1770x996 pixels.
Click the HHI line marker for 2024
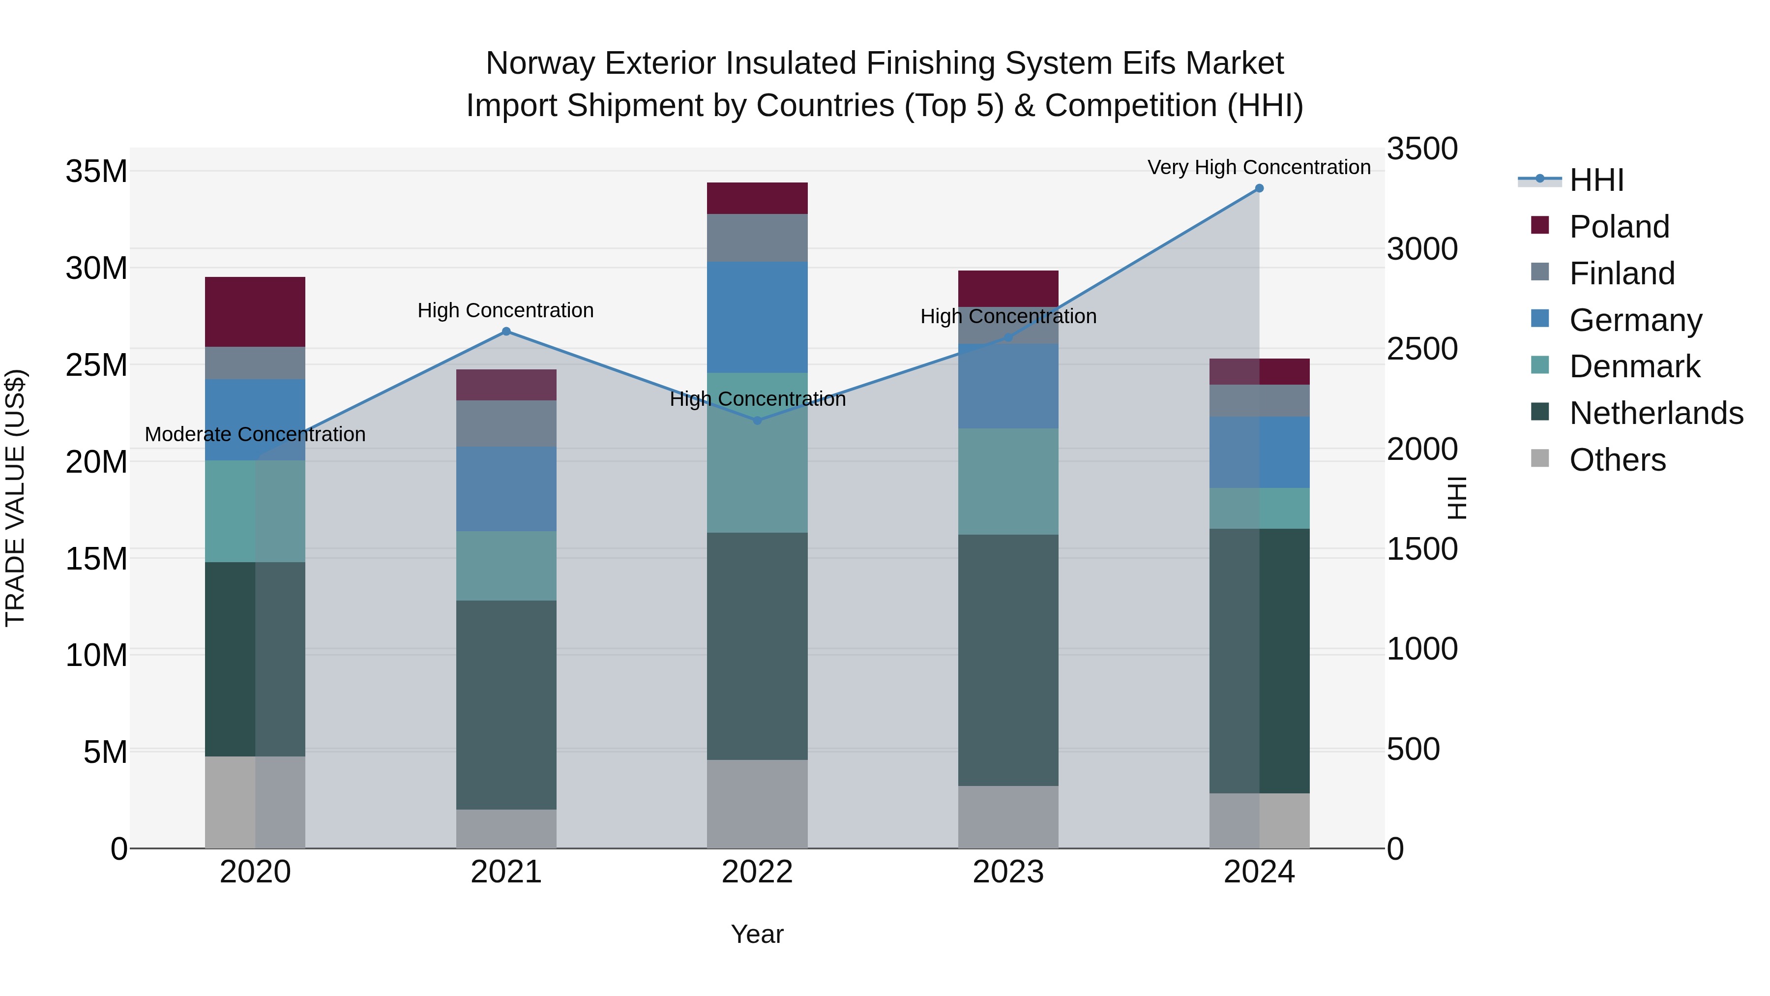[x=1259, y=188]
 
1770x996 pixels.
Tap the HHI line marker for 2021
[x=506, y=332]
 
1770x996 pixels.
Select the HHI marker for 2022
[x=757, y=421]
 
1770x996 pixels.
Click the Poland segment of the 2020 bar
[x=255, y=311]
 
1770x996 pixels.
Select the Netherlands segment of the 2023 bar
[x=1008, y=660]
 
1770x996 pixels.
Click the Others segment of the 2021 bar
[x=506, y=828]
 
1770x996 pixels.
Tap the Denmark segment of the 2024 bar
[x=1259, y=508]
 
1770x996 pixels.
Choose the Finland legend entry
[x=1622, y=273]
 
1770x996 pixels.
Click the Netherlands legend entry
[x=1656, y=413]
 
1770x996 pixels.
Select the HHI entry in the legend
[x=1596, y=180]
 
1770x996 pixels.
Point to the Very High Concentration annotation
[x=1259, y=167]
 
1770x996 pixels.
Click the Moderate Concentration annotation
[x=255, y=434]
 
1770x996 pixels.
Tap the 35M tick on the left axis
[x=96, y=171]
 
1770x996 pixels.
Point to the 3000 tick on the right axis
[x=1421, y=249]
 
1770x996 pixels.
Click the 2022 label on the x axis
[x=757, y=872]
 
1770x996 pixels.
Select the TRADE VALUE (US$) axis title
[x=15, y=498]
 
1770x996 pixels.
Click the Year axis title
[x=757, y=934]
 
